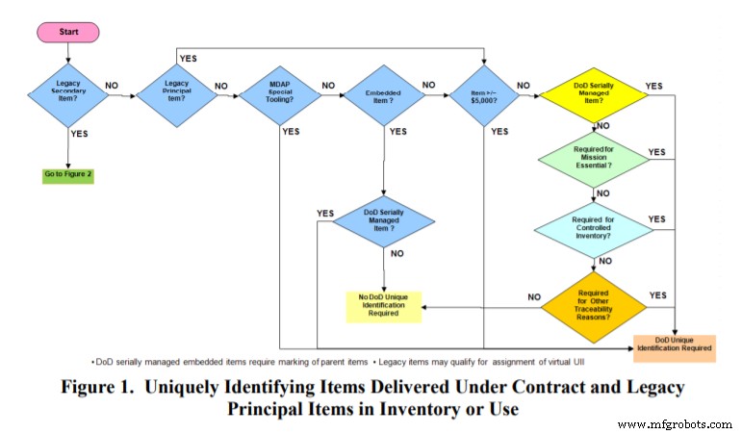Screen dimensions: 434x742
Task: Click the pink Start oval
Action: click(67, 31)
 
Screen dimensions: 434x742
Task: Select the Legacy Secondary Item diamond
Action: click(67, 93)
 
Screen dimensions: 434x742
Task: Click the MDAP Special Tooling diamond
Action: click(279, 93)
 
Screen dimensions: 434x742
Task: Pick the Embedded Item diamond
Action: click(384, 93)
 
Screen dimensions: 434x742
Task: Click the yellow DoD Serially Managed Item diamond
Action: click(593, 93)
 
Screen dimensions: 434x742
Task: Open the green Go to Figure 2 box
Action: click(67, 175)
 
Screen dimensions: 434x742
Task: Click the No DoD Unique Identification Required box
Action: click(384, 304)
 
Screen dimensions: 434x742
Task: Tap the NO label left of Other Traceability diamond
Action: click(534, 297)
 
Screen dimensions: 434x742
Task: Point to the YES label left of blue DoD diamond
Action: click(324, 213)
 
